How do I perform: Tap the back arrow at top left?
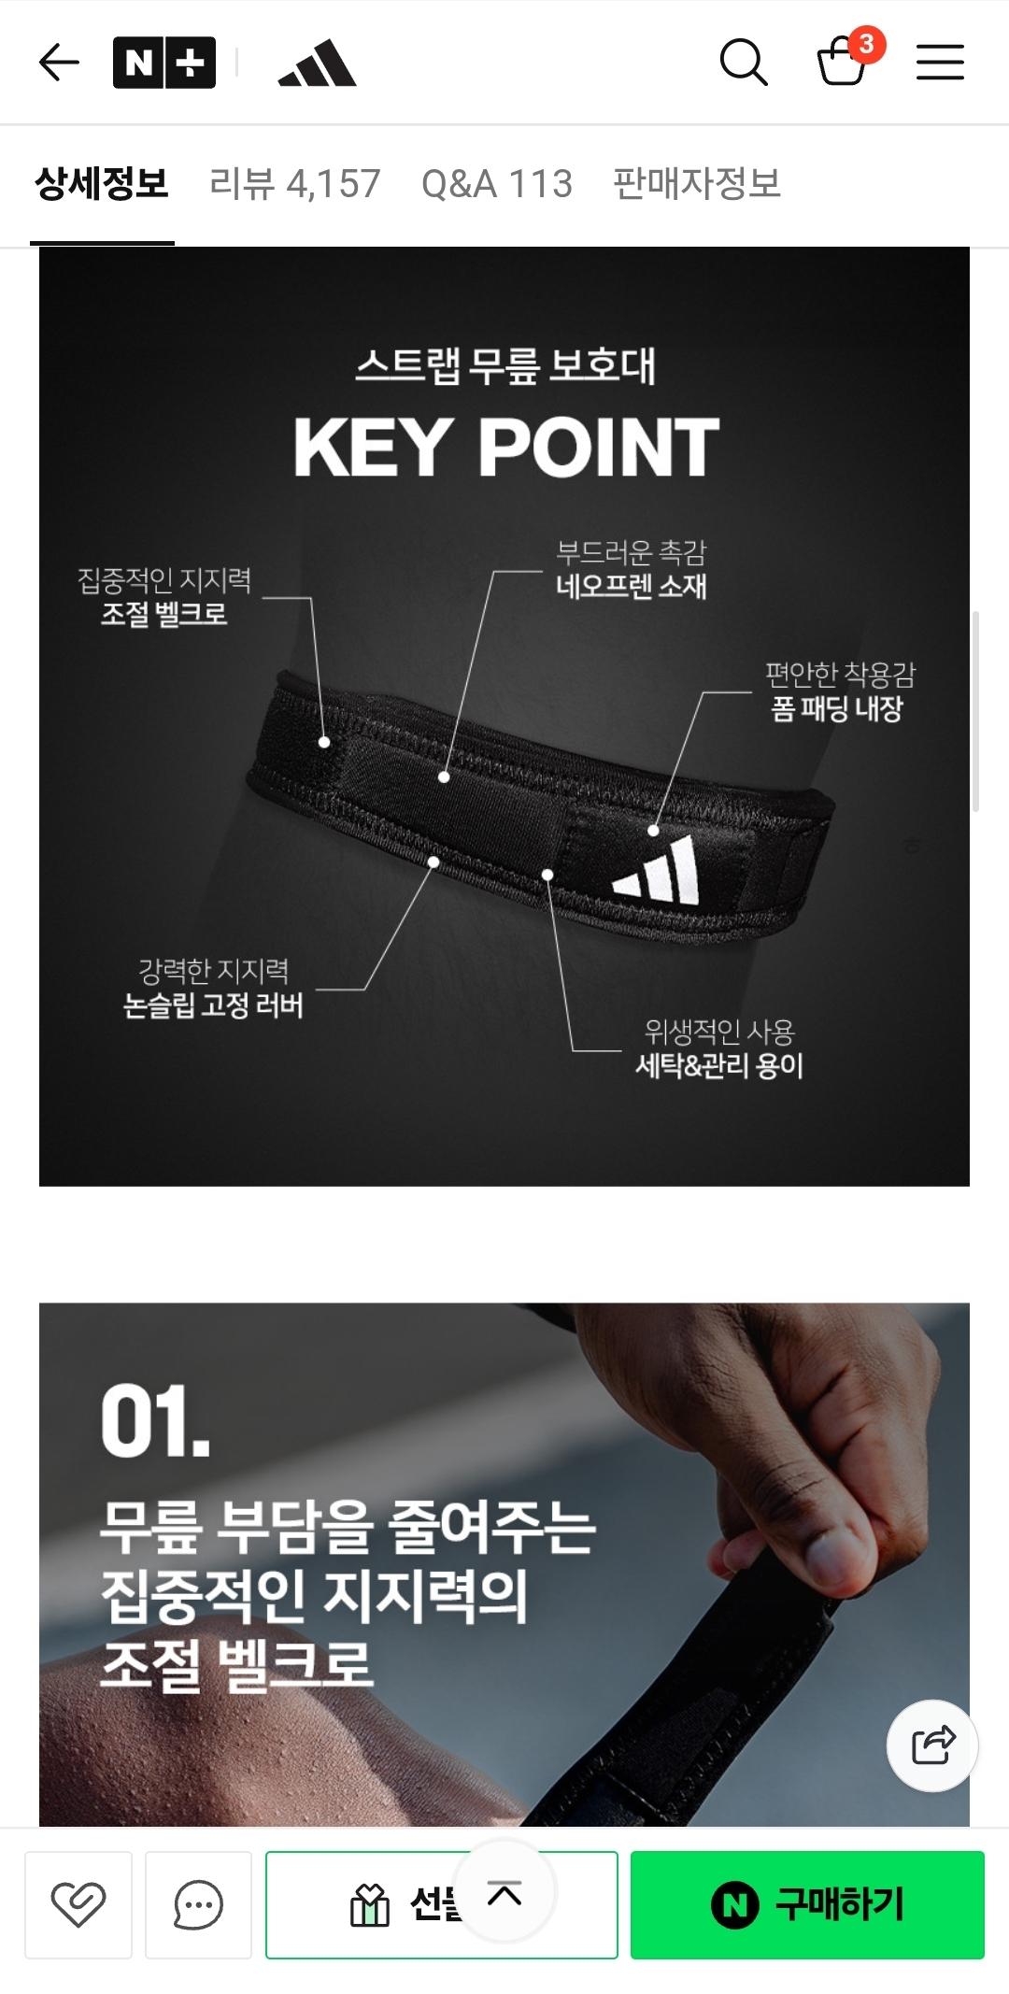[x=59, y=63]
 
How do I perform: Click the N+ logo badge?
[x=164, y=63]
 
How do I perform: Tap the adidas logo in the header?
[x=318, y=64]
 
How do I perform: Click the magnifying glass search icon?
[x=744, y=63]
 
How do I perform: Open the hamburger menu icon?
[x=940, y=63]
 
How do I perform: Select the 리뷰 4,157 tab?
[x=295, y=183]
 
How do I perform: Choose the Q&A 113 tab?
[x=496, y=183]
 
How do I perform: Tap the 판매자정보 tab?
[x=697, y=183]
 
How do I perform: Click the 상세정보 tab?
[x=102, y=183]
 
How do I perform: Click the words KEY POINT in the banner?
[x=505, y=448]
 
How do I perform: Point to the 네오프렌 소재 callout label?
[x=632, y=586]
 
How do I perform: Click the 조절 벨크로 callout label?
[x=164, y=614]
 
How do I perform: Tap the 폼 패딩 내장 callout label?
[x=837, y=708]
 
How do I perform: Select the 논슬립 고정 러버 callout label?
[x=214, y=1004]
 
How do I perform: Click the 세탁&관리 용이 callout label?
[x=719, y=1065]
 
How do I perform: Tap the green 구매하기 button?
[x=807, y=1904]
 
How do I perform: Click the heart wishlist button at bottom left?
[x=78, y=1904]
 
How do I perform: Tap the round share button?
[x=931, y=1745]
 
